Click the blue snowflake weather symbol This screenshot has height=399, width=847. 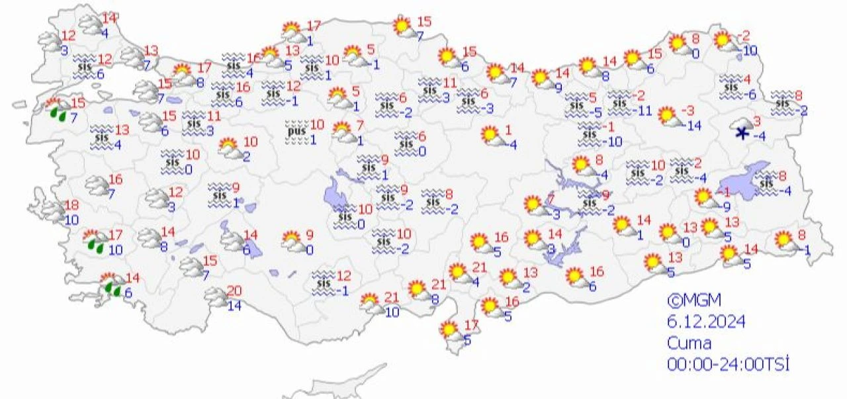(741, 132)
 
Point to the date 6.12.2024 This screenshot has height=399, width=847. (706, 322)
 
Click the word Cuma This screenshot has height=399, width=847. (690, 343)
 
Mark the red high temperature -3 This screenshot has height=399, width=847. (688, 109)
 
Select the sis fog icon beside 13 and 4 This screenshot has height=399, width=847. (102, 135)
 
